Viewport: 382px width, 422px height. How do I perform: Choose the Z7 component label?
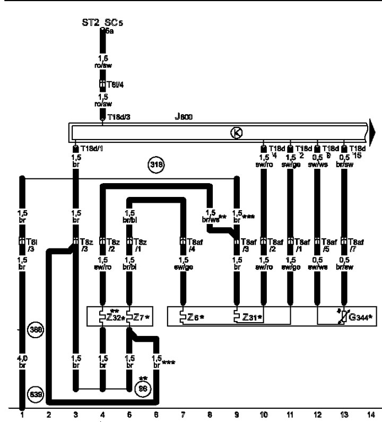click(141, 317)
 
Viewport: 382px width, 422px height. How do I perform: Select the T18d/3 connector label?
click(117, 117)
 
